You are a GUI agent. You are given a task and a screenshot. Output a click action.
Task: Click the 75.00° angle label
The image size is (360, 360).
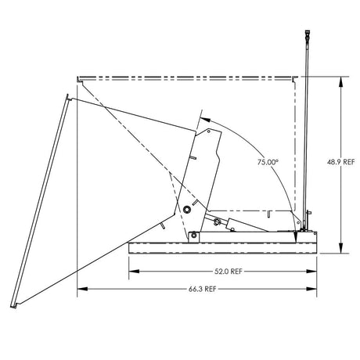(x=267, y=162)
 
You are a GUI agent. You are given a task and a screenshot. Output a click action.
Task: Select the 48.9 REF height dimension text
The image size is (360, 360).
(x=342, y=163)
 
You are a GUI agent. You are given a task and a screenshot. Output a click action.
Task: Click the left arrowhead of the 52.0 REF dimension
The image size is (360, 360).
(x=131, y=271)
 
